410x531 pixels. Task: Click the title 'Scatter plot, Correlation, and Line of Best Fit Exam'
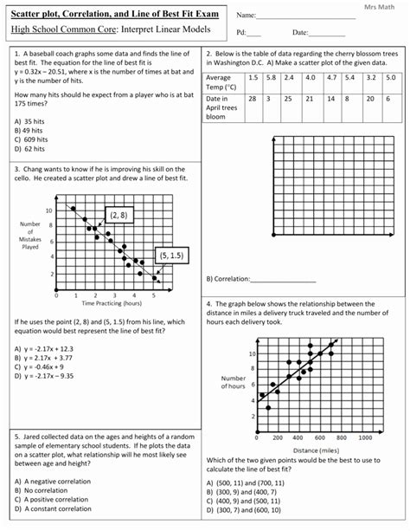pyautogui.click(x=115, y=16)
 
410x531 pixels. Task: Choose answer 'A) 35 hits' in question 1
pyautogui.click(x=33, y=121)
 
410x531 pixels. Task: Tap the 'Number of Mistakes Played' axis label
pyautogui.click(x=30, y=235)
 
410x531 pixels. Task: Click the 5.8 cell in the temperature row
pyautogui.click(x=271, y=78)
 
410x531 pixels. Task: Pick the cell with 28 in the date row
pyautogui.click(x=252, y=99)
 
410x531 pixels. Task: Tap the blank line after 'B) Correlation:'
pyautogui.click(x=282, y=280)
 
